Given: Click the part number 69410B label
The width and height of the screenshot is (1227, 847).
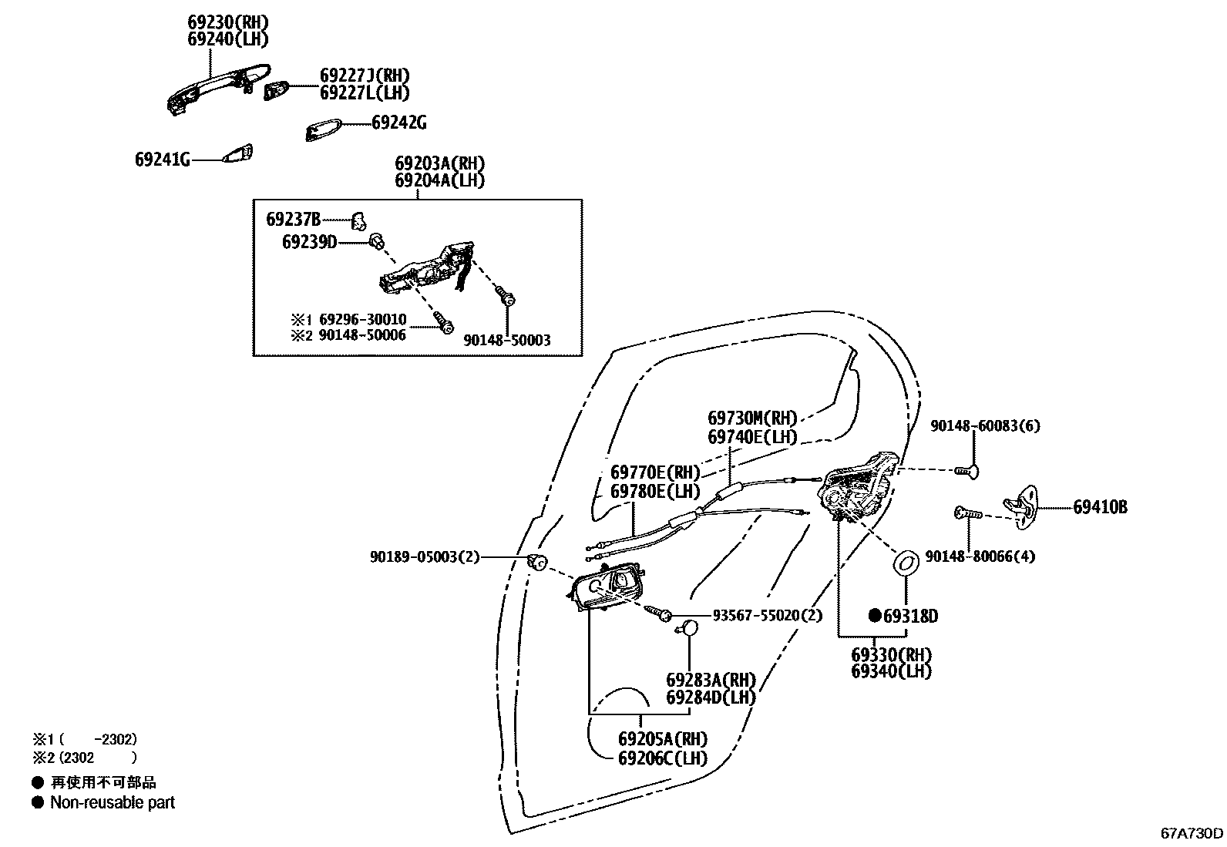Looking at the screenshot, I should pos(1100,507).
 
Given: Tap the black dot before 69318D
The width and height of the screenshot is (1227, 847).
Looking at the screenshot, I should pos(874,615).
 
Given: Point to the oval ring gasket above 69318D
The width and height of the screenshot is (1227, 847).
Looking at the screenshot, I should pos(906,563).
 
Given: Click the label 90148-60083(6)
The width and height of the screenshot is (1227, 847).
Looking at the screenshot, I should pos(984,425).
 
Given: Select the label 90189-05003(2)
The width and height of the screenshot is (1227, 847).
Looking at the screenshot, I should pos(425,556).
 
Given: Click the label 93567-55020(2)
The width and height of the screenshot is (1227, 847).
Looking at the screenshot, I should pos(767,615).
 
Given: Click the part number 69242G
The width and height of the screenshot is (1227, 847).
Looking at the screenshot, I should pos(398,123).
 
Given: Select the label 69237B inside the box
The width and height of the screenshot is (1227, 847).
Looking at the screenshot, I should pos(293,219).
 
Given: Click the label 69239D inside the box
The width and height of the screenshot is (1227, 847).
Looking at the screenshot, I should pos(309,242).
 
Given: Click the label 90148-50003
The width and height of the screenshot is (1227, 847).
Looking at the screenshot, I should pos(506,340).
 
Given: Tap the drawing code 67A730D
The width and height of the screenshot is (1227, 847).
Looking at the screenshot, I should pos(1192,833).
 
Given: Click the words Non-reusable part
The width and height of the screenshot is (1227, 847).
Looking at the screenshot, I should pos(113,802).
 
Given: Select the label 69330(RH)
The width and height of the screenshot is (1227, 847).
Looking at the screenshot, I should pos(891,655).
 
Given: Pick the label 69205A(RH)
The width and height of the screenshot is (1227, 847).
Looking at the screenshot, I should pos(662,739).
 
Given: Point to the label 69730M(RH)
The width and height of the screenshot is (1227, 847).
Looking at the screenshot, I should pos(751,418).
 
